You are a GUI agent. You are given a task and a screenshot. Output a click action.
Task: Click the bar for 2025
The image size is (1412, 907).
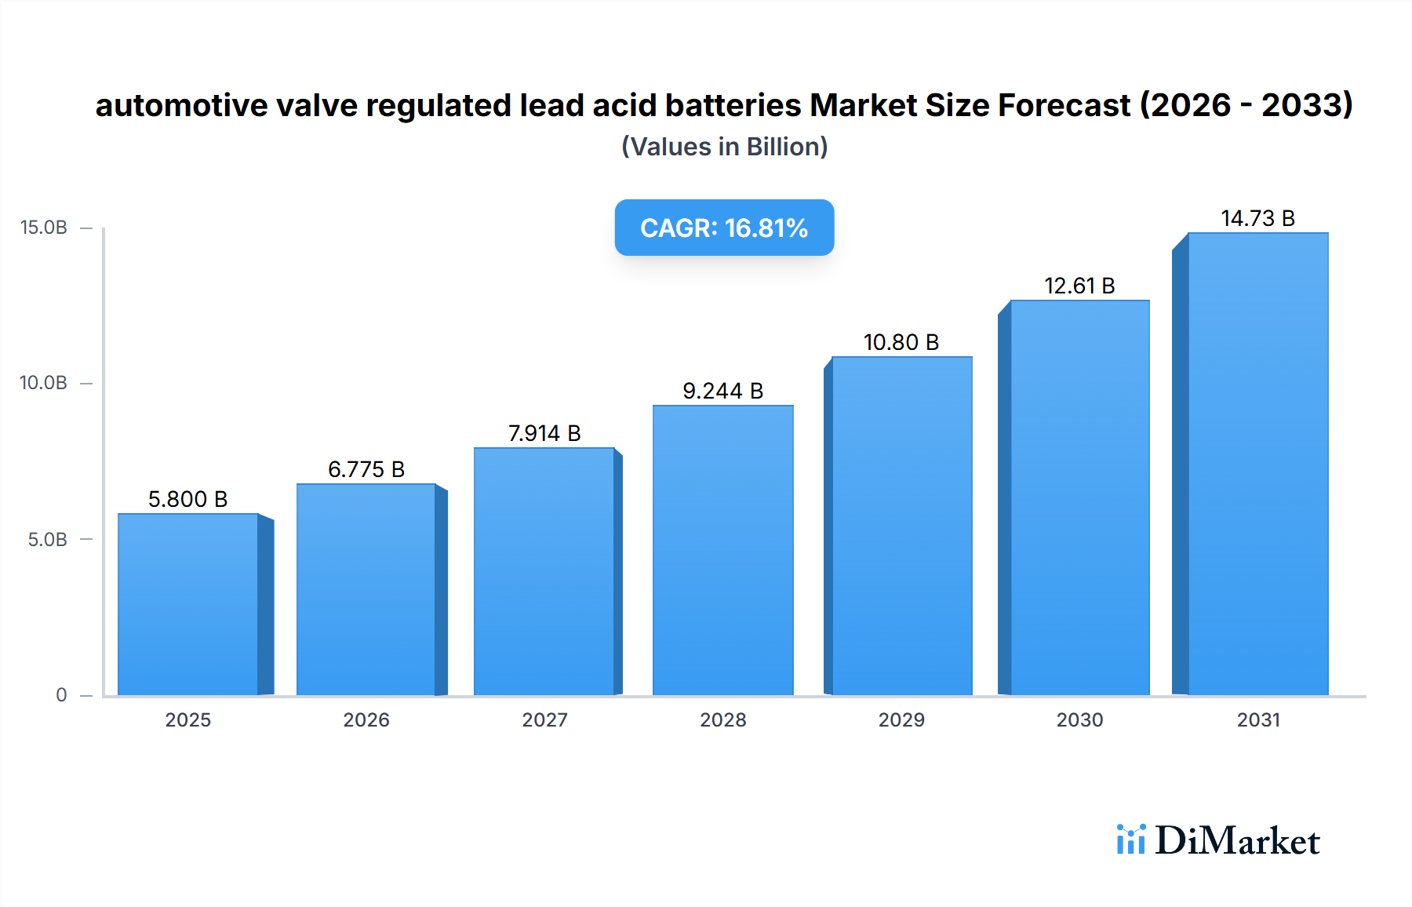[x=188, y=604]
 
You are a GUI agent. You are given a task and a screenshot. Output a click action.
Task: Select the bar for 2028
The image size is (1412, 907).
[x=722, y=549]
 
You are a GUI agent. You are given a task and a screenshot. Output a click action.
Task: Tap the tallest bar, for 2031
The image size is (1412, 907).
[x=1257, y=463]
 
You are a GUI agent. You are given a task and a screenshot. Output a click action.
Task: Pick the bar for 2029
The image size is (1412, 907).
[x=901, y=526]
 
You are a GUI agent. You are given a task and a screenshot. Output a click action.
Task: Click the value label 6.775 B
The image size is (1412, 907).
[x=366, y=469]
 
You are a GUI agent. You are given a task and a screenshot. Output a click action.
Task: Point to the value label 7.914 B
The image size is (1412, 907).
[x=544, y=433]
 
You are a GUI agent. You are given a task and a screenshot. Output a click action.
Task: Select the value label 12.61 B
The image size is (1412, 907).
[x=1079, y=286]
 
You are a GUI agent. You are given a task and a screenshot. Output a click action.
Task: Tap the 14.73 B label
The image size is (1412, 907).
[x=1257, y=218]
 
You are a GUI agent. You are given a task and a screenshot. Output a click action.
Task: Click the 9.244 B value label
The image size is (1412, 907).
[x=722, y=391]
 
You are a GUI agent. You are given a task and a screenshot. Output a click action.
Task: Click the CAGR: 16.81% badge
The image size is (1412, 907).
[x=724, y=228]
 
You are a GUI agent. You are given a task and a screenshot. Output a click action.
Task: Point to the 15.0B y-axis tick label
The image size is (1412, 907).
[x=44, y=228]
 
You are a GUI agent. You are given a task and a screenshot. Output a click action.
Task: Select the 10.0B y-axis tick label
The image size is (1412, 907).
[x=44, y=383]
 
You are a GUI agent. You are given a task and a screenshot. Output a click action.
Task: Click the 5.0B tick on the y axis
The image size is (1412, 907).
[x=48, y=539]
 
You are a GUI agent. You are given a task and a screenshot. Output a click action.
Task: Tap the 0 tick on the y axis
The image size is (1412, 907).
[x=61, y=694]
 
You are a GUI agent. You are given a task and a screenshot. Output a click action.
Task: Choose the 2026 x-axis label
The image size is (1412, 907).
[x=366, y=719]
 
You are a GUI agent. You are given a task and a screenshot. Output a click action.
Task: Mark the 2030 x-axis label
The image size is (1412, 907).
[x=1079, y=719]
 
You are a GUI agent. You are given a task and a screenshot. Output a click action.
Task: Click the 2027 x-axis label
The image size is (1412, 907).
[x=544, y=719]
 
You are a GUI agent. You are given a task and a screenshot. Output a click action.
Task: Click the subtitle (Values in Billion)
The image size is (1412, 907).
[x=724, y=147]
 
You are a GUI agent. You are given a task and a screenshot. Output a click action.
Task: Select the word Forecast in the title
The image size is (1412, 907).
[x=1064, y=105]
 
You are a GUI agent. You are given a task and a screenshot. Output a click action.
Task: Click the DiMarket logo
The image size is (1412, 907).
[x=1218, y=840]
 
